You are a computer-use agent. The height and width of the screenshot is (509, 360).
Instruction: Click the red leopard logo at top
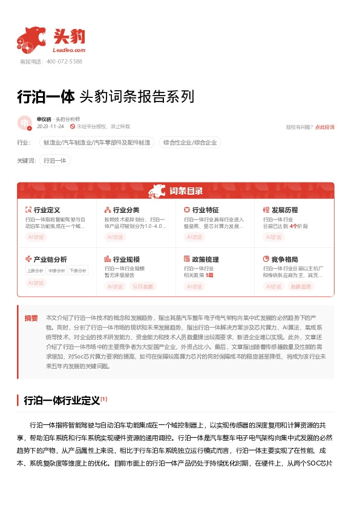tap(31, 40)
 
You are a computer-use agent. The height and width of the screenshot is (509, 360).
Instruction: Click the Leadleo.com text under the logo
tap(69, 50)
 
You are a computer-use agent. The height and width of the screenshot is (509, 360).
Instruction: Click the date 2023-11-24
tap(50, 126)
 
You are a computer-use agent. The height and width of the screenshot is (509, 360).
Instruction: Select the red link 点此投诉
tap(324, 127)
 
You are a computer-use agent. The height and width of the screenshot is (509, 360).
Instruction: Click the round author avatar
tap(25, 123)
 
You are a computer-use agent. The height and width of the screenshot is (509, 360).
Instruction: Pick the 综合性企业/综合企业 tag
tap(190, 143)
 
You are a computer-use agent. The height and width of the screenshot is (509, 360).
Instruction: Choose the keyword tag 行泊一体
tap(55, 160)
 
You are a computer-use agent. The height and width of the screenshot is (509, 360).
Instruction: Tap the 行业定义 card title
tap(47, 210)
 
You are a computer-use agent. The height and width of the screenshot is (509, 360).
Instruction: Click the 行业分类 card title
tap(126, 210)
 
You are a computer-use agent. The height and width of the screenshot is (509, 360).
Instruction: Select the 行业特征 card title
tap(205, 210)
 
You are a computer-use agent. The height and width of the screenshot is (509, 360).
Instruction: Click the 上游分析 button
tap(36, 270)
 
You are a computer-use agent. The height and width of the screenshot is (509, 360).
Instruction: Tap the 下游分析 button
tap(77, 270)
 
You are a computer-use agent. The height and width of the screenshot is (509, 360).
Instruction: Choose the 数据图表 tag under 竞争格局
tap(301, 286)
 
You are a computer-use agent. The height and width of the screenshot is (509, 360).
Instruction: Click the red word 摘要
tap(31, 318)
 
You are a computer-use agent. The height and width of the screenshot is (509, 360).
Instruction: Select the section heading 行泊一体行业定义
tap(61, 400)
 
